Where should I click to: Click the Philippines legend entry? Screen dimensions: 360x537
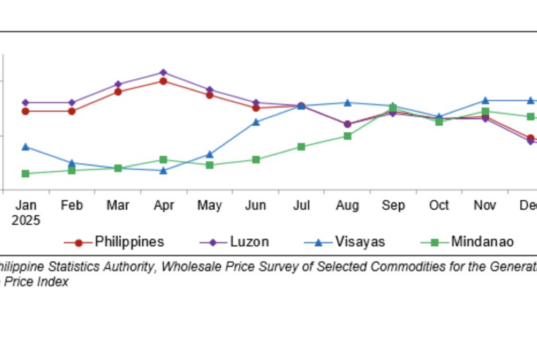coord(129,241)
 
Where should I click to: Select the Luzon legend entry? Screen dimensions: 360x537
coord(248,241)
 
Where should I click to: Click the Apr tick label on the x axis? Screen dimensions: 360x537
coord(163,204)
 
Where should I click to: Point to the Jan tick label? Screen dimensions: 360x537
coord(25,204)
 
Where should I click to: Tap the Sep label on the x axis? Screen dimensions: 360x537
coord(392,204)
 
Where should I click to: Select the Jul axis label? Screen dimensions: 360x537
coord(301,204)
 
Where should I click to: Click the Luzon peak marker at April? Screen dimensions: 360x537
coord(163,72)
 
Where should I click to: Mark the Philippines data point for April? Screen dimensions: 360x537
coord(163,81)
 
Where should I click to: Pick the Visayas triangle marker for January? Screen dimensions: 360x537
coord(25,147)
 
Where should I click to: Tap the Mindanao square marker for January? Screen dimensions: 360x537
coord(25,173)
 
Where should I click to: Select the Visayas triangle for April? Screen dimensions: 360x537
coord(163,170)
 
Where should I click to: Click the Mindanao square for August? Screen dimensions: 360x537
coord(347,136)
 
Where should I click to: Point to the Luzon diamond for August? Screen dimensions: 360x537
coord(347,125)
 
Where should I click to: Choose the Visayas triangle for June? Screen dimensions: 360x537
coord(256,122)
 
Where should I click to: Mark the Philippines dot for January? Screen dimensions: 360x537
coord(25,111)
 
